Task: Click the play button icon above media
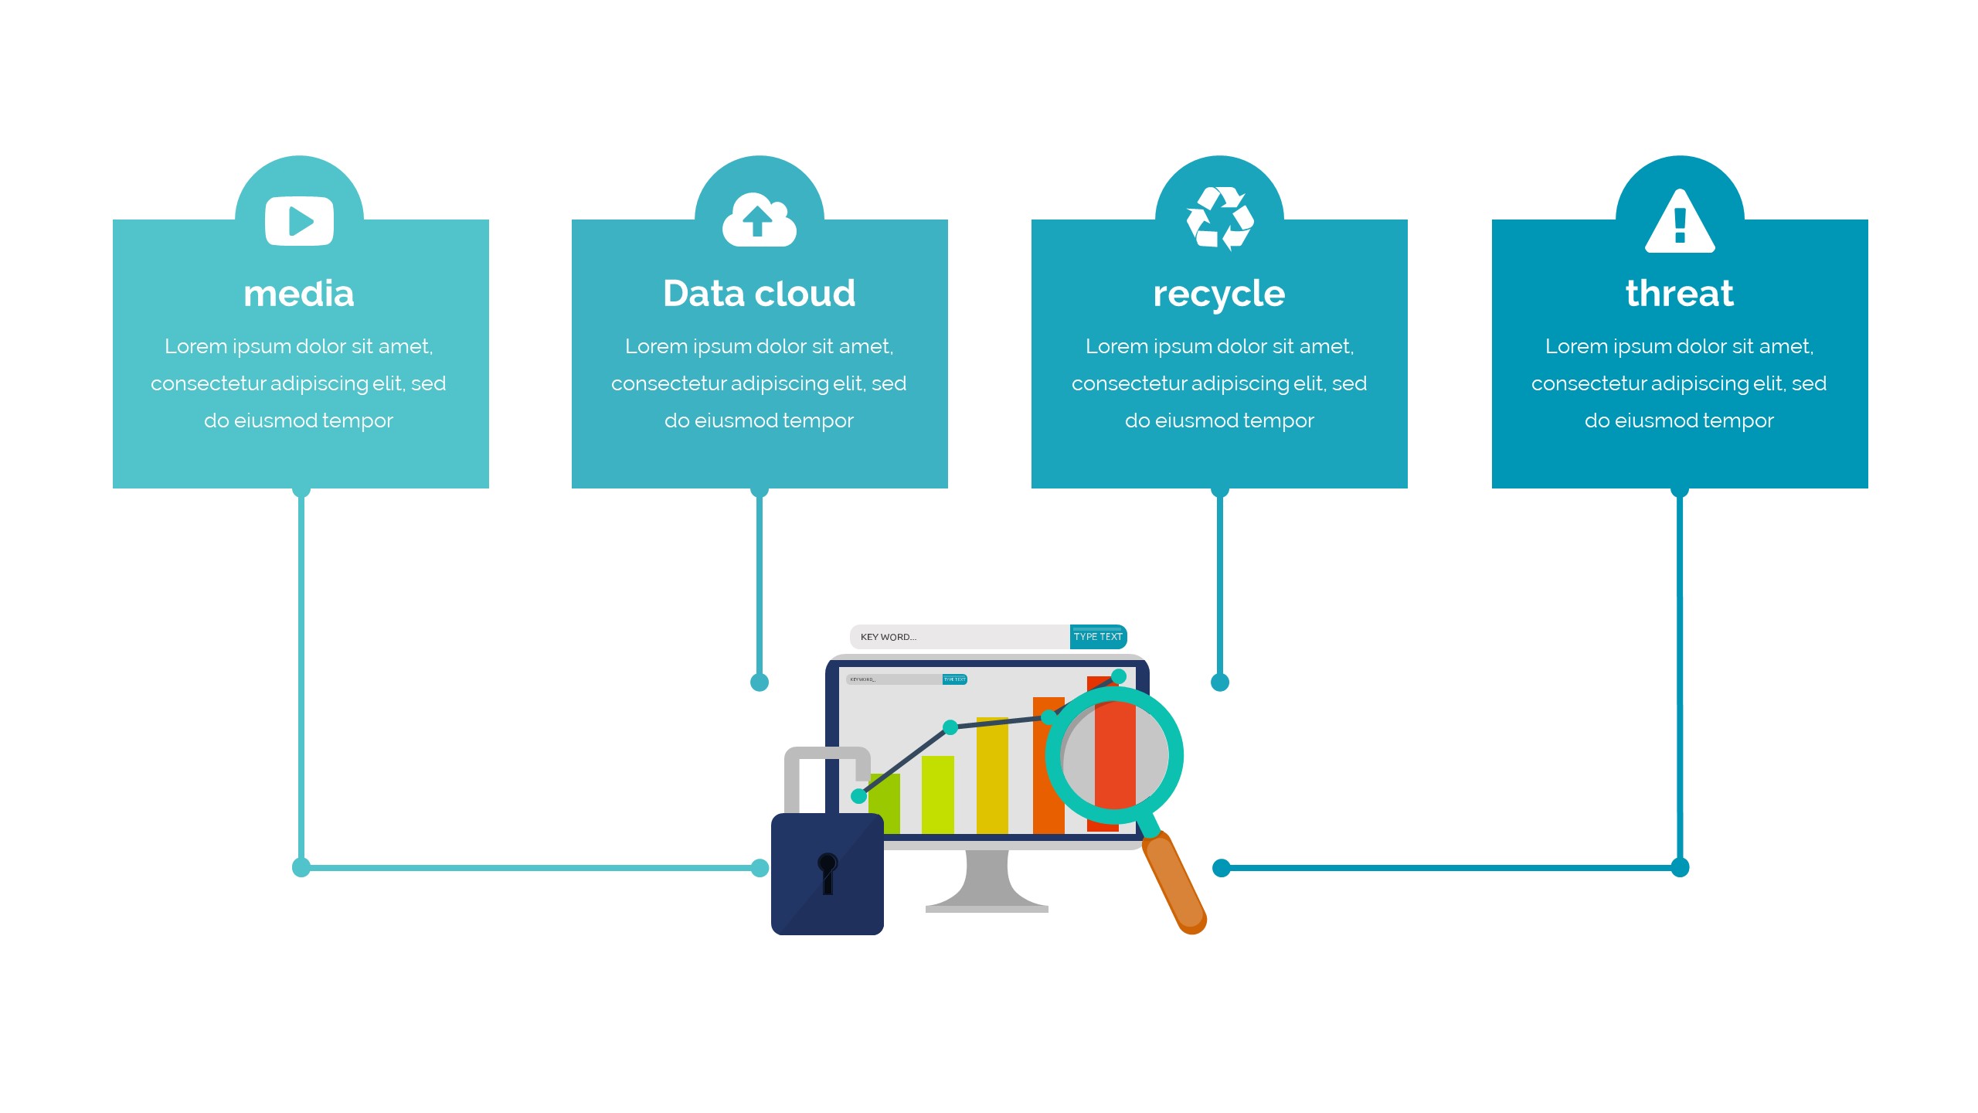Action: pyautogui.click(x=299, y=221)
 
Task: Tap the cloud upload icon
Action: pyautogui.click(x=759, y=220)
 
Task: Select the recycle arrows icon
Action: pyautogui.click(x=1219, y=219)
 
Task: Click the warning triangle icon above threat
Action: pyautogui.click(x=1680, y=223)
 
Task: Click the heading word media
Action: pyautogui.click(x=299, y=294)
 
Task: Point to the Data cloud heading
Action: pyautogui.click(x=759, y=294)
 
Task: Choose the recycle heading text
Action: pyautogui.click(x=1218, y=294)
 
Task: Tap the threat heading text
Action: pyautogui.click(x=1679, y=294)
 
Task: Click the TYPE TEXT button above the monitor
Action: pyautogui.click(x=1097, y=637)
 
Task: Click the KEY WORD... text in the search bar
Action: pyautogui.click(x=888, y=637)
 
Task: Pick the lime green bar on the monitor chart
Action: pyautogui.click(x=937, y=795)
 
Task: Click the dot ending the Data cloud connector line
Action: pyautogui.click(x=760, y=682)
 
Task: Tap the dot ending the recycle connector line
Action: pyautogui.click(x=1220, y=682)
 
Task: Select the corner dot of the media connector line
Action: pyautogui.click(x=301, y=867)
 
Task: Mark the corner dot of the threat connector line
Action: pyautogui.click(x=1680, y=867)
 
